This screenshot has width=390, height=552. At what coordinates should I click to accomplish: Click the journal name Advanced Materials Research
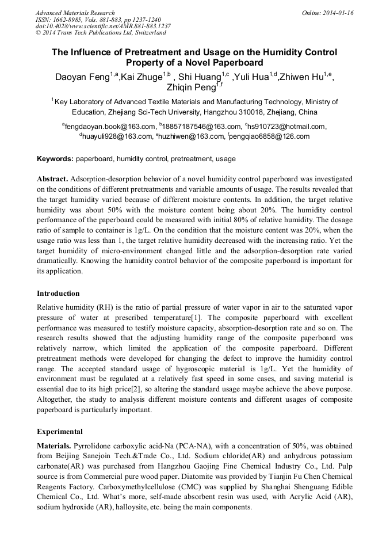pos(75,13)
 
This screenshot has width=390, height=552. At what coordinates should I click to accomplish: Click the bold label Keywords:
pos(55,159)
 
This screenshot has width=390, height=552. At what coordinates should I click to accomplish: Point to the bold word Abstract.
pos(53,179)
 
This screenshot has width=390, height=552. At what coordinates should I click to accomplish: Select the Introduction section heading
pos(58,294)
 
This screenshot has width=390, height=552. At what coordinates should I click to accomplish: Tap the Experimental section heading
pos(60,431)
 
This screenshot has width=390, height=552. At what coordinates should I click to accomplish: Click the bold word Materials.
pos(55,446)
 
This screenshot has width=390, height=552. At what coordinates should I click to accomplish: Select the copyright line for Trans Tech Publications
pos(101,33)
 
